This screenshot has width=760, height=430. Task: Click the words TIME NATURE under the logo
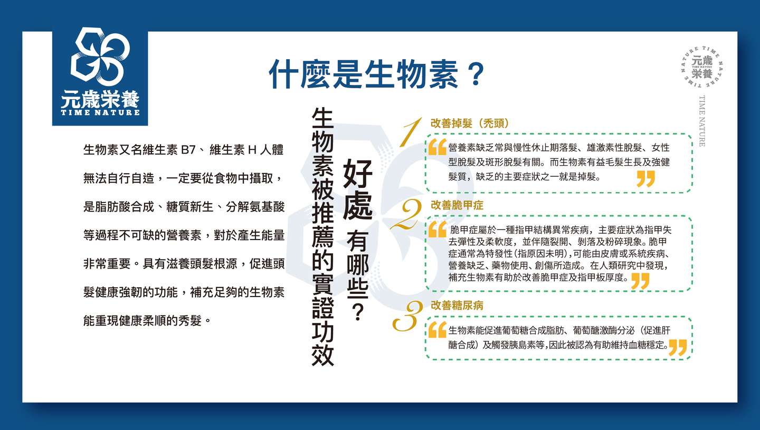[x=100, y=112]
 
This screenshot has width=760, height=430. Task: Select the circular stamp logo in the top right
[x=702, y=67]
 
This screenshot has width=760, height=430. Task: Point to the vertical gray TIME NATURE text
[x=702, y=121]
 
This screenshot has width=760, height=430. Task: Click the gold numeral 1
[x=411, y=132]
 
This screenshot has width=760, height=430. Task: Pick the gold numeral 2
[x=406, y=214]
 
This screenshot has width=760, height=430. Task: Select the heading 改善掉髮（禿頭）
[x=470, y=123]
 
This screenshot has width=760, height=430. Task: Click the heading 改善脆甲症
[x=457, y=205]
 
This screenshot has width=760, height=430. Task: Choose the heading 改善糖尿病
[x=457, y=305]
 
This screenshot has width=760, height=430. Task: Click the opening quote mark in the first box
[x=438, y=147]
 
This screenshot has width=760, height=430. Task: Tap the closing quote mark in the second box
[x=640, y=281]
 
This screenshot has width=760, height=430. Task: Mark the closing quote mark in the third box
[x=678, y=347]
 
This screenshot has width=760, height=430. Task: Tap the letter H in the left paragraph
[x=252, y=149]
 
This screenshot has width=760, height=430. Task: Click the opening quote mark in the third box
[x=438, y=330]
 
